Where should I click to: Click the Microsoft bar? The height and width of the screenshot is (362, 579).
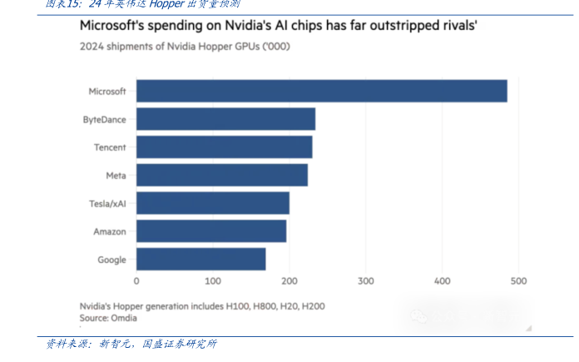pyautogui.click(x=321, y=91)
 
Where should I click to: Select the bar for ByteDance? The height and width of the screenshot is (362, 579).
pyautogui.click(x=225, y=119)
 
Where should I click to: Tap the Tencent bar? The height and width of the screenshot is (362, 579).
pyautogui.click(x=224, y=147)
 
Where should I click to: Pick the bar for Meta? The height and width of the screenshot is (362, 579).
pyautogui.click(x=221, y=175)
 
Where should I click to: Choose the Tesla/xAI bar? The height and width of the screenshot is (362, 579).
pyautogui.click(x=212, y=203)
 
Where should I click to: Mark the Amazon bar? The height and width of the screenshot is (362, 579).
pyautogui.click(x=210, y=231)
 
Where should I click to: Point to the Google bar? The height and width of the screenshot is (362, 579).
pyautogui.click(x=200, y=260)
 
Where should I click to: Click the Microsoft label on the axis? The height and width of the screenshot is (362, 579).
pyautogui.click(x=107, y=91)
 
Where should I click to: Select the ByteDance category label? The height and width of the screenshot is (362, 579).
pyautogui.click(x=105, y=119)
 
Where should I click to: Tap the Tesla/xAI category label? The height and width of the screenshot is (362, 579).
pyautogui.click(x=107, y=203)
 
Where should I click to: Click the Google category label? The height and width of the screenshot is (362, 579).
pyautogui.click(x=112, y=260)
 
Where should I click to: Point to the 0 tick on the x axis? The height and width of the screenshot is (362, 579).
pyautogui.click(x=136, y=282)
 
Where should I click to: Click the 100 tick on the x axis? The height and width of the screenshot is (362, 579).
pyautogui.click(x=213, y=282)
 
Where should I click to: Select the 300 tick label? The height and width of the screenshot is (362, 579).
pyautogui.click(x=366, y=282)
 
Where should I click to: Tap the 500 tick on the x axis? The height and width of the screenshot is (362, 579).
pyautogui.click(x=519, y=282)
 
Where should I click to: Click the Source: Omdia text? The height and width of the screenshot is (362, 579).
pyautogui.click(x=108, y=318)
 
